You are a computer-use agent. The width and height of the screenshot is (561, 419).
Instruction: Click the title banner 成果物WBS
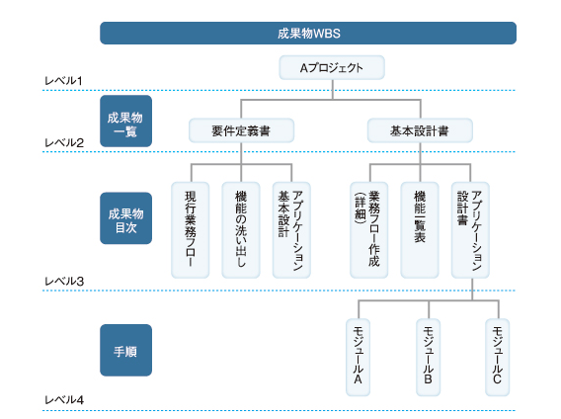308,33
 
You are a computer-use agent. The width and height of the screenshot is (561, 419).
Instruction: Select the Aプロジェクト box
332,67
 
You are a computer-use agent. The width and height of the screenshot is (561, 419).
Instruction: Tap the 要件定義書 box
242,130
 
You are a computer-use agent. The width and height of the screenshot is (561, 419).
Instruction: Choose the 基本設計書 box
420,130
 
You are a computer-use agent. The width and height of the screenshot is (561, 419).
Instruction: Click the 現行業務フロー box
191,230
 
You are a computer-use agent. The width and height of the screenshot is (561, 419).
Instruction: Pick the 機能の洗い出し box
241,230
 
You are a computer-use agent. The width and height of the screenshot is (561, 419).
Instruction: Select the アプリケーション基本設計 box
291,230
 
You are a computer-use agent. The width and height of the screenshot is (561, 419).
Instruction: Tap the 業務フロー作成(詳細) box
368,230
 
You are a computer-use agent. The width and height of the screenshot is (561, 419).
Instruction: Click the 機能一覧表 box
420,230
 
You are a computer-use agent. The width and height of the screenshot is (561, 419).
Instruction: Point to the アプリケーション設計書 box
470,230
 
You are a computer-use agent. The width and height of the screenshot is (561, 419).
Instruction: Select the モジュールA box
359,358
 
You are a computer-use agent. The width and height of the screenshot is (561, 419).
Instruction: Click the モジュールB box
429,358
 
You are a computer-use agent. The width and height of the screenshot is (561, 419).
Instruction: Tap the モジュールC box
498,358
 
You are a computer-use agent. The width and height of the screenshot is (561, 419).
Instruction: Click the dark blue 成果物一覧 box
126,121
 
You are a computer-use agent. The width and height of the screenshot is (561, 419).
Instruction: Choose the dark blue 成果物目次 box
126,218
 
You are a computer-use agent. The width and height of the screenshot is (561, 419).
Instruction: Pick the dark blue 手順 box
126,350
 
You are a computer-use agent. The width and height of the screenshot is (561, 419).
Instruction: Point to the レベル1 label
63,81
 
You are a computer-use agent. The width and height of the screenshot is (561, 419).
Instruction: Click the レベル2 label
64,143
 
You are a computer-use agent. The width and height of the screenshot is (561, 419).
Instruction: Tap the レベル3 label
64,282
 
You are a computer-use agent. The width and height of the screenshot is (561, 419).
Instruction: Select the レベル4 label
64,399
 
